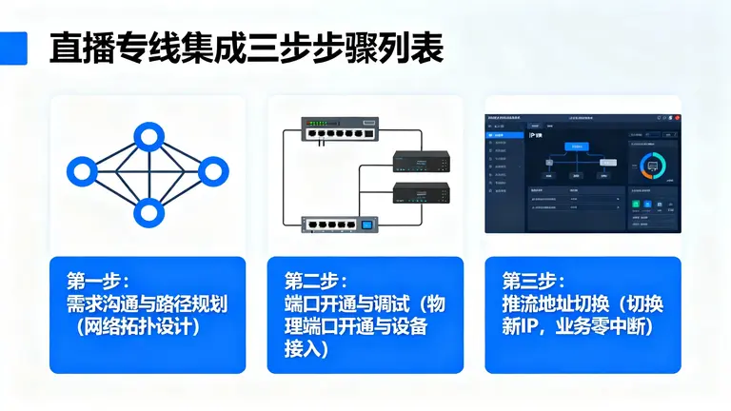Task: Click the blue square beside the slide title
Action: click(x=12, y=49)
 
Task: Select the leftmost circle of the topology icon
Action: click(x=81, y=171)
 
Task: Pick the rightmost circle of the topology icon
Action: click(x=212, y=171)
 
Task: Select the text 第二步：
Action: click(x=316, y=282)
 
